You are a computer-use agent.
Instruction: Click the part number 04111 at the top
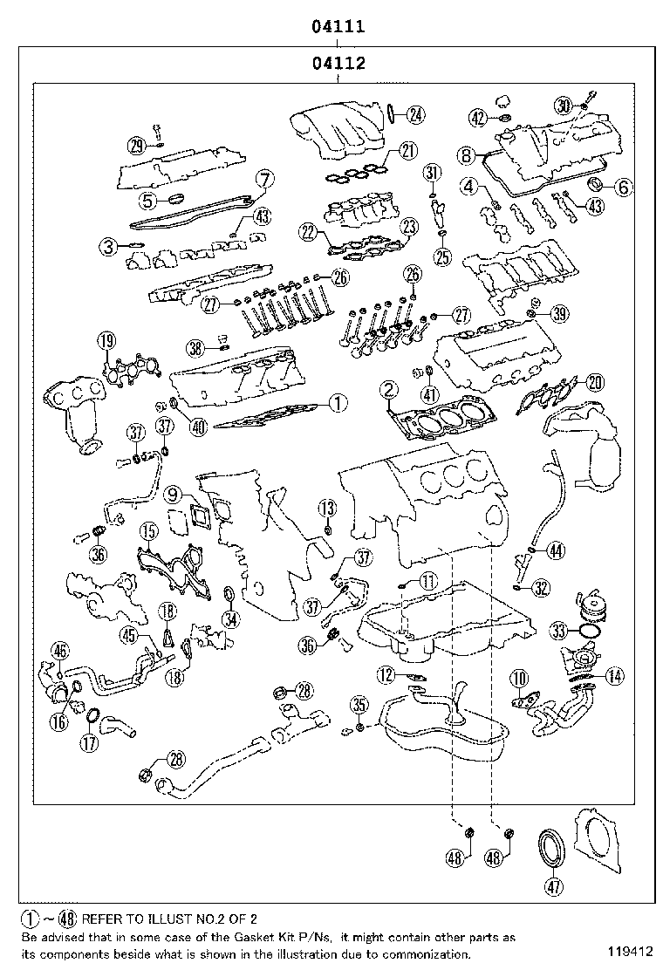click(x=338, y=27)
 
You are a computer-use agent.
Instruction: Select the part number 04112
click(x=338, y=63)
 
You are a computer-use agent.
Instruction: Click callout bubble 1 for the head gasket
click(x=338, y=403)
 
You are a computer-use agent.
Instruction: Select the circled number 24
click(x=415, y=113)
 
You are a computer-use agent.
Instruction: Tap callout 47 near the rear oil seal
click(x=553, y=887)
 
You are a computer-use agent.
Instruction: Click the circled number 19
click(x=106, y=341)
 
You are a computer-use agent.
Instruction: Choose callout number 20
click(x=594, y=381)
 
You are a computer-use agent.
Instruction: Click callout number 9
click(x=173, y=495)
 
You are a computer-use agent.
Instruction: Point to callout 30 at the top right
click(x=564, y=105)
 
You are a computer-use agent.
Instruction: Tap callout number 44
click(x=556, y=550)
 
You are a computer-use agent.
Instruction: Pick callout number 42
click(x=477, y=117)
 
